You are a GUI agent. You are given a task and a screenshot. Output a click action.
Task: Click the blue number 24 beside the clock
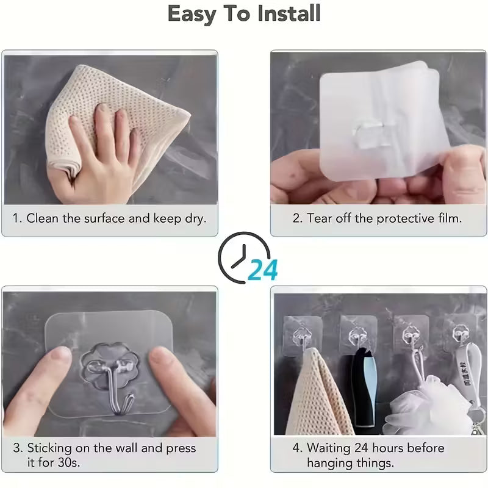[263, 269]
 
